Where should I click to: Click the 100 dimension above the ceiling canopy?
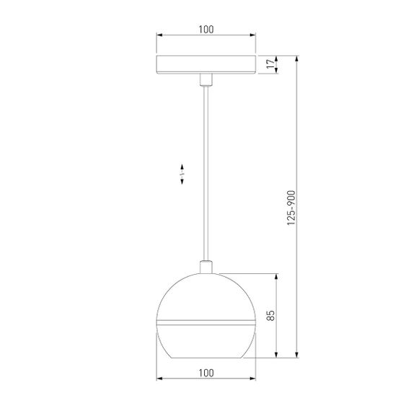pos(206,30)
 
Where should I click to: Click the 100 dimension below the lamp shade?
pos(206,372)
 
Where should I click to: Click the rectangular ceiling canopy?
pos(206,65)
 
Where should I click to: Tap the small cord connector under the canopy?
pos(206,79)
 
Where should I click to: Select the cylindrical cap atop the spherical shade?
pos(206,268)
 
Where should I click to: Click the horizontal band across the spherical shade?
pos(206,319)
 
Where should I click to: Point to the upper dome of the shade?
pos(206,296)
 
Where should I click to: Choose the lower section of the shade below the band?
pos(206,340)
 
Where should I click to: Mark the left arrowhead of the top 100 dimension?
pos(160,37)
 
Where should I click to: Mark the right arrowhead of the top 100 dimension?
pos(253,37)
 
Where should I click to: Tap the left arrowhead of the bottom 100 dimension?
pos(160,379)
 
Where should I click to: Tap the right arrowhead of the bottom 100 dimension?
pos(253,379)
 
